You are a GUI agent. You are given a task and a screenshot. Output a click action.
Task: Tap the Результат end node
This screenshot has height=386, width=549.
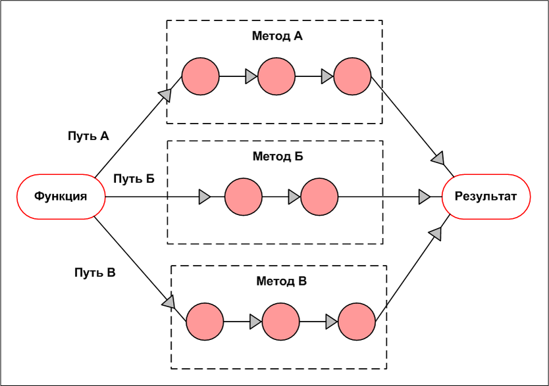[488, 196]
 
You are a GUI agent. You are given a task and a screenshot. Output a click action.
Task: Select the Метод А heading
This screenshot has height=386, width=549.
[277, 36]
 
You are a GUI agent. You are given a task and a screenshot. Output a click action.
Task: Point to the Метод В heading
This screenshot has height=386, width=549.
[281, 281]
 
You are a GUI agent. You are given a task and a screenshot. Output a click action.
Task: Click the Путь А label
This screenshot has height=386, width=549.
[88, 136]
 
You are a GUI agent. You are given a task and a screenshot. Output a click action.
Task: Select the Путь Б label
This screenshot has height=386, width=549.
[134, 178]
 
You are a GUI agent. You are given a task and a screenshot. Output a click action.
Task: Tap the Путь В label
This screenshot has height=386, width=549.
[95, 272]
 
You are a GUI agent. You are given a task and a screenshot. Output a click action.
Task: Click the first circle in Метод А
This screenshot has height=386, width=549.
[200, 76]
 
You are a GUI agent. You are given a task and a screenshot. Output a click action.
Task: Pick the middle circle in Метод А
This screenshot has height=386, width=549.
[276, 76]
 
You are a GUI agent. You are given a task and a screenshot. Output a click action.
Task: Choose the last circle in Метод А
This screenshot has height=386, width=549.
[352, 76]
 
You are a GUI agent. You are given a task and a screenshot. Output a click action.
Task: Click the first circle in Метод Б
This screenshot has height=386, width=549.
[243, 196]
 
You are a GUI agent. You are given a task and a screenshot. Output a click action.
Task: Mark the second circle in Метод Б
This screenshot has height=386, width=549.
[319, 196]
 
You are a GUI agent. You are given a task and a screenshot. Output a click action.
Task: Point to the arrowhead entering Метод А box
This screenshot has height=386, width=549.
[165, 95]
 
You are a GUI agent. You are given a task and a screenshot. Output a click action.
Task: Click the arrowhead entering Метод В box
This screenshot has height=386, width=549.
[169, 302]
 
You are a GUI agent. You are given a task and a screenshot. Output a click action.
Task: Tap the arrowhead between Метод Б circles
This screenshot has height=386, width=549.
[294, 196]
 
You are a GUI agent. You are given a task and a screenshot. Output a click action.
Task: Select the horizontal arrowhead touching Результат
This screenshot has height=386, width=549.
[425, 196]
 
